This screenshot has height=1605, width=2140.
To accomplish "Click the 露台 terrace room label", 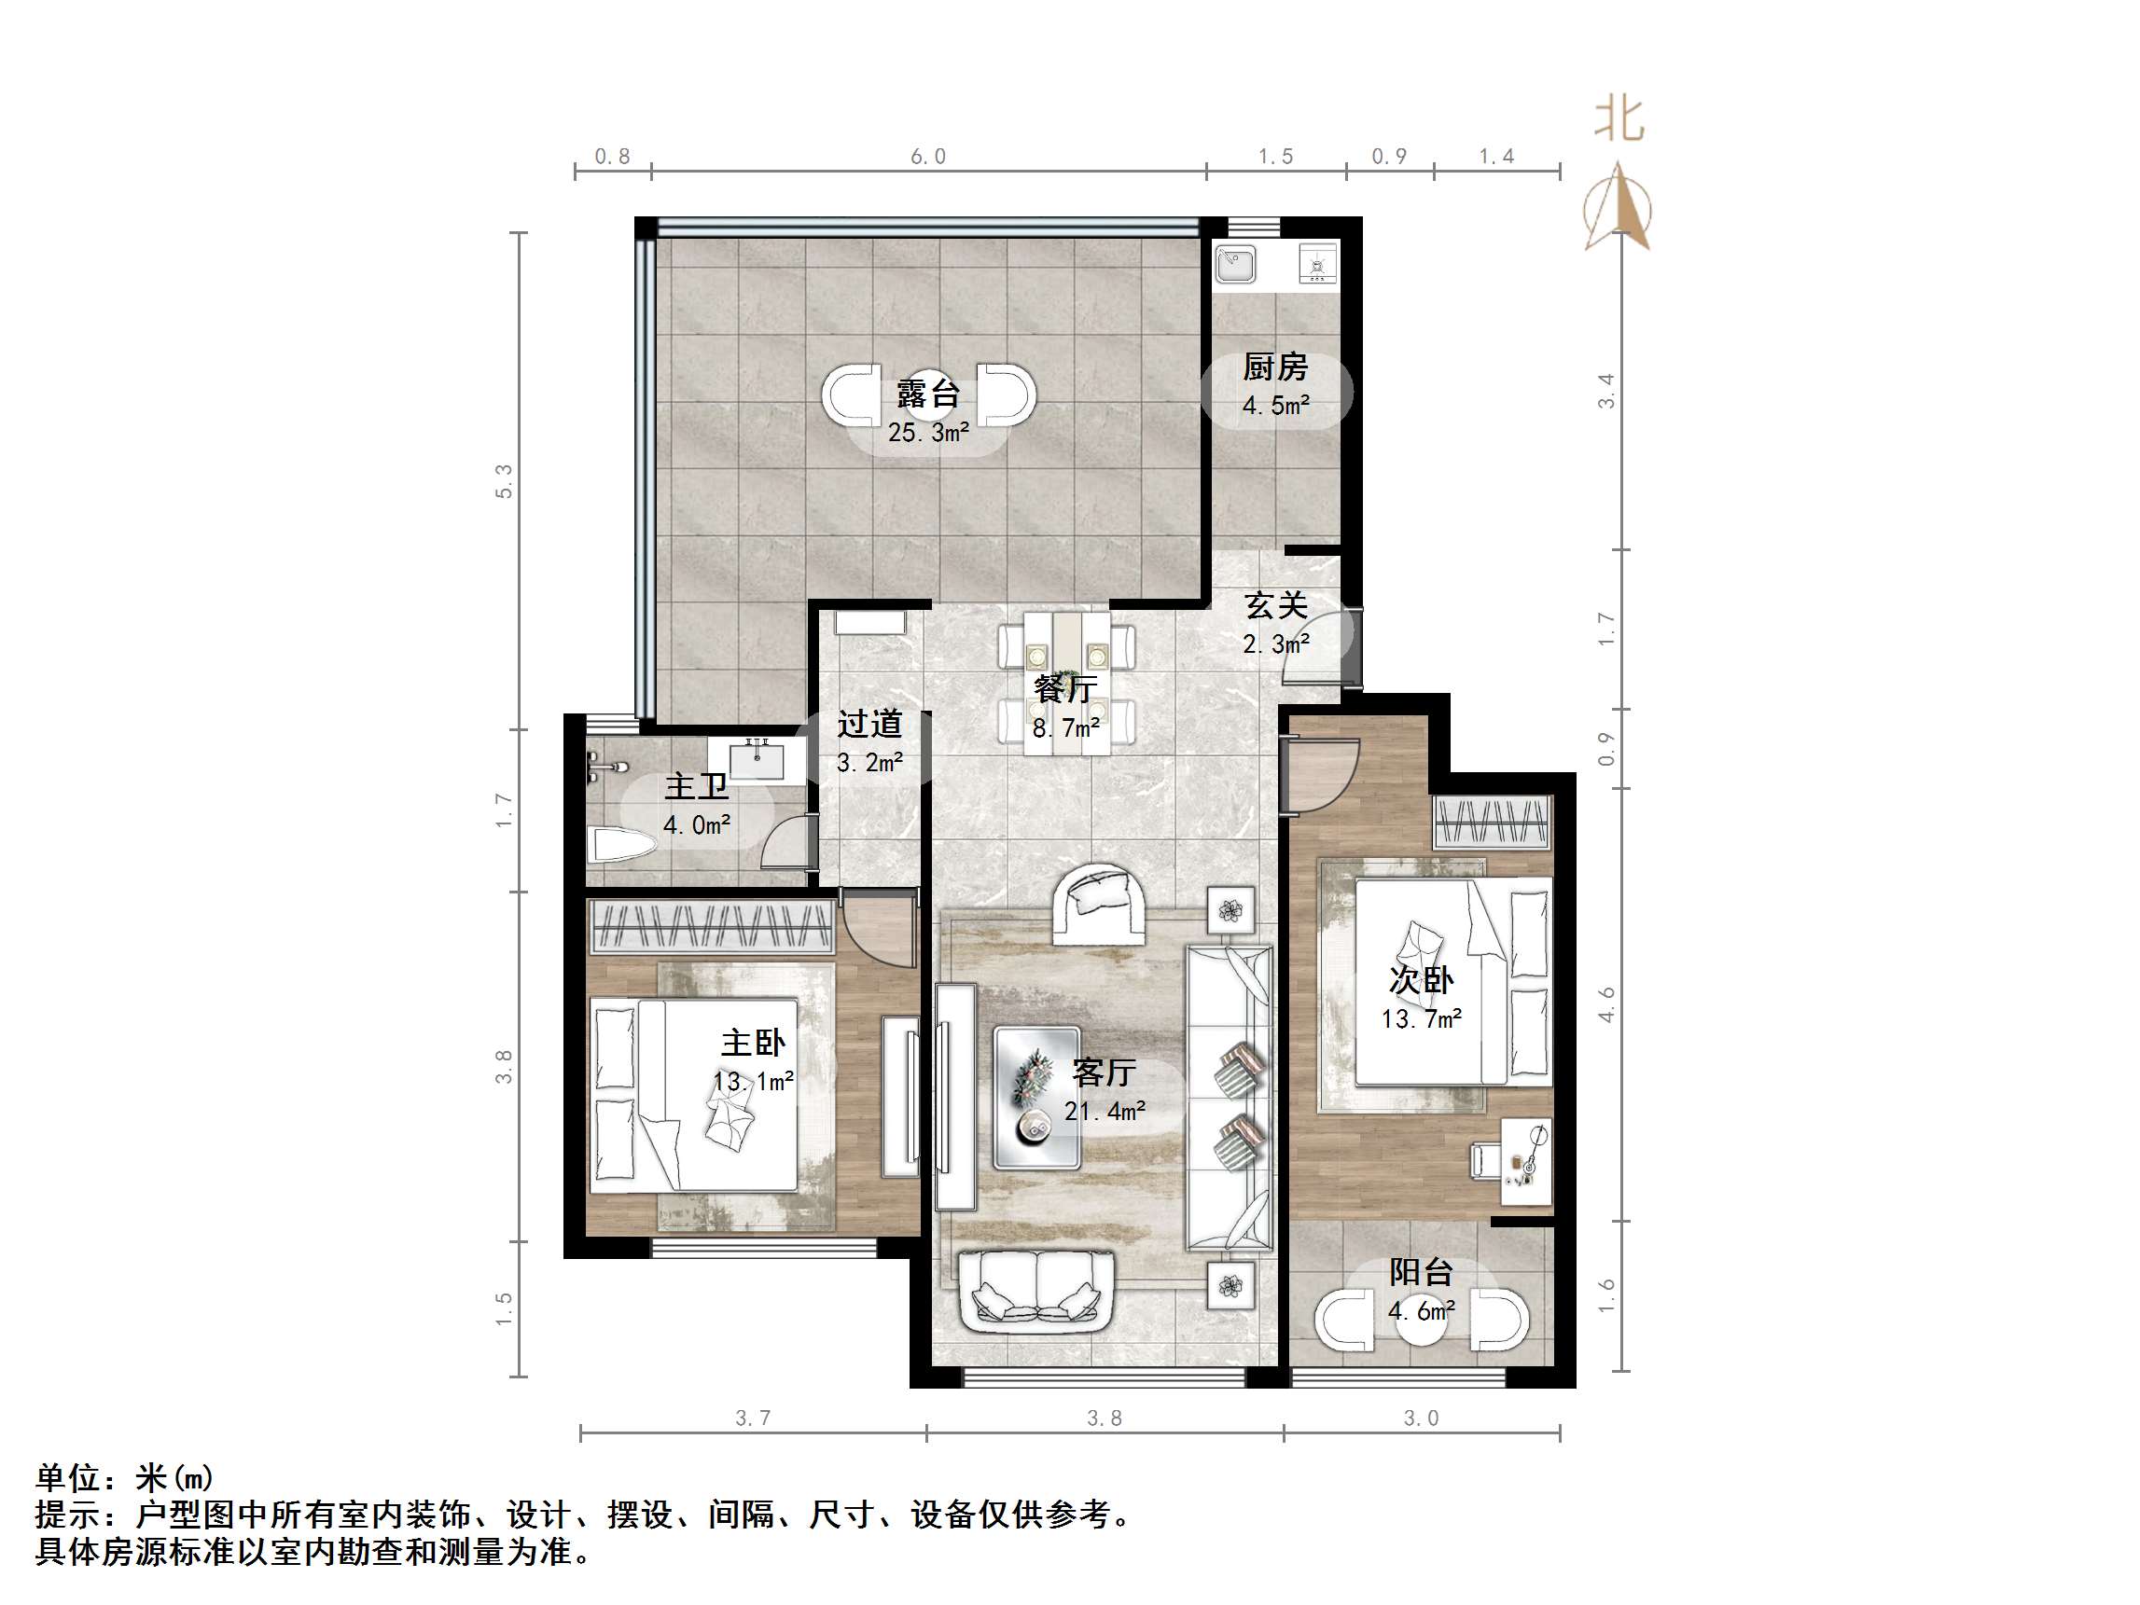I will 928,394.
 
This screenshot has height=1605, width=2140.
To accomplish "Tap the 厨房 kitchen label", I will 1275,367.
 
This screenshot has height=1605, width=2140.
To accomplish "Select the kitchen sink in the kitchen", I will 1235,263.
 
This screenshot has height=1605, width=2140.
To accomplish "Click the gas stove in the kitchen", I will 1316,264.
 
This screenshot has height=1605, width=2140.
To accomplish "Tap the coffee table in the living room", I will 1036,1097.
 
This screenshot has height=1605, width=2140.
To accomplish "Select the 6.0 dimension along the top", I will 928,157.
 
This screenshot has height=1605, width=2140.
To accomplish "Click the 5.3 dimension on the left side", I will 504,481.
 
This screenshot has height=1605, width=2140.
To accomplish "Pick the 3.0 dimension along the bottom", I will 1420,1418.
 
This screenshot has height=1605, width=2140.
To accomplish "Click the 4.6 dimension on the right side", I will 1607,1004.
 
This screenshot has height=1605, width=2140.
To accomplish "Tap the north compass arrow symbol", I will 1618,208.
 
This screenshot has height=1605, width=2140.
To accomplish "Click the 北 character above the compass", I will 1619,120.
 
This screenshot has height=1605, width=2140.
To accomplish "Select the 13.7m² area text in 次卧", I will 1420,1018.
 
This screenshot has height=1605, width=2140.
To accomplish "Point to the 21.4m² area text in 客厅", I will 1105,1111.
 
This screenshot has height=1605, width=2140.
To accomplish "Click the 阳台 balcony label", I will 1420,1272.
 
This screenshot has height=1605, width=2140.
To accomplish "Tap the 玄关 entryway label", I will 1275,605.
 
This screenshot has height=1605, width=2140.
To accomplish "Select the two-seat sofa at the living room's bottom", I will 1036,1292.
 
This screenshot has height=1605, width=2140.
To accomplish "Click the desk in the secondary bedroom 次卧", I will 1525,1161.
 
